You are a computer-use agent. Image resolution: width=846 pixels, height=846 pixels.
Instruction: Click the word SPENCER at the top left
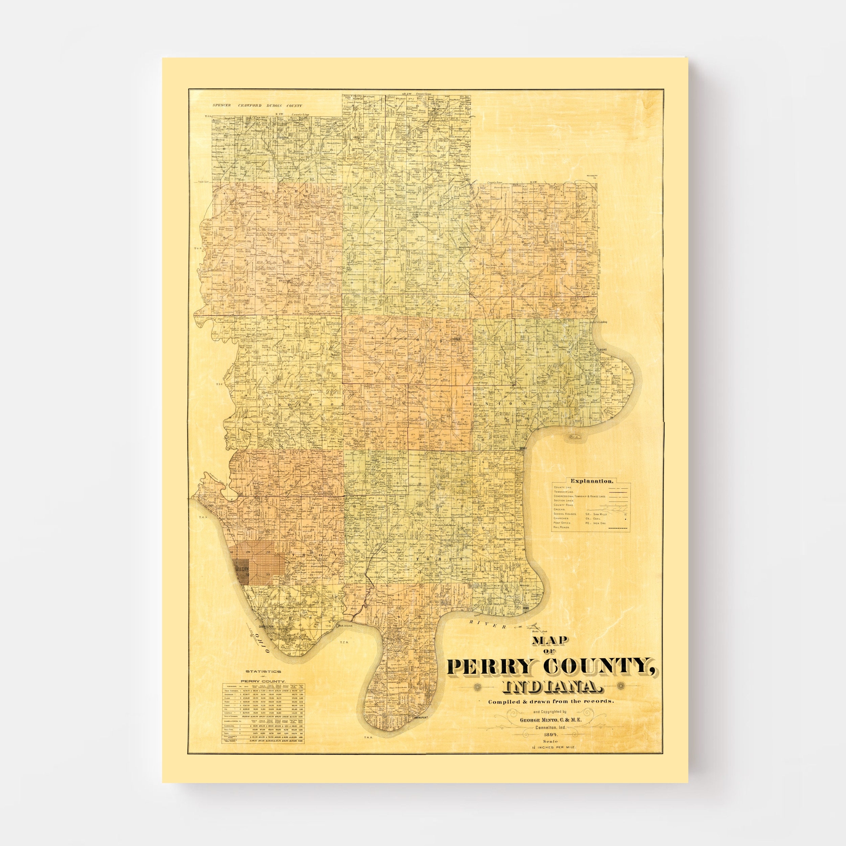point(222,106)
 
